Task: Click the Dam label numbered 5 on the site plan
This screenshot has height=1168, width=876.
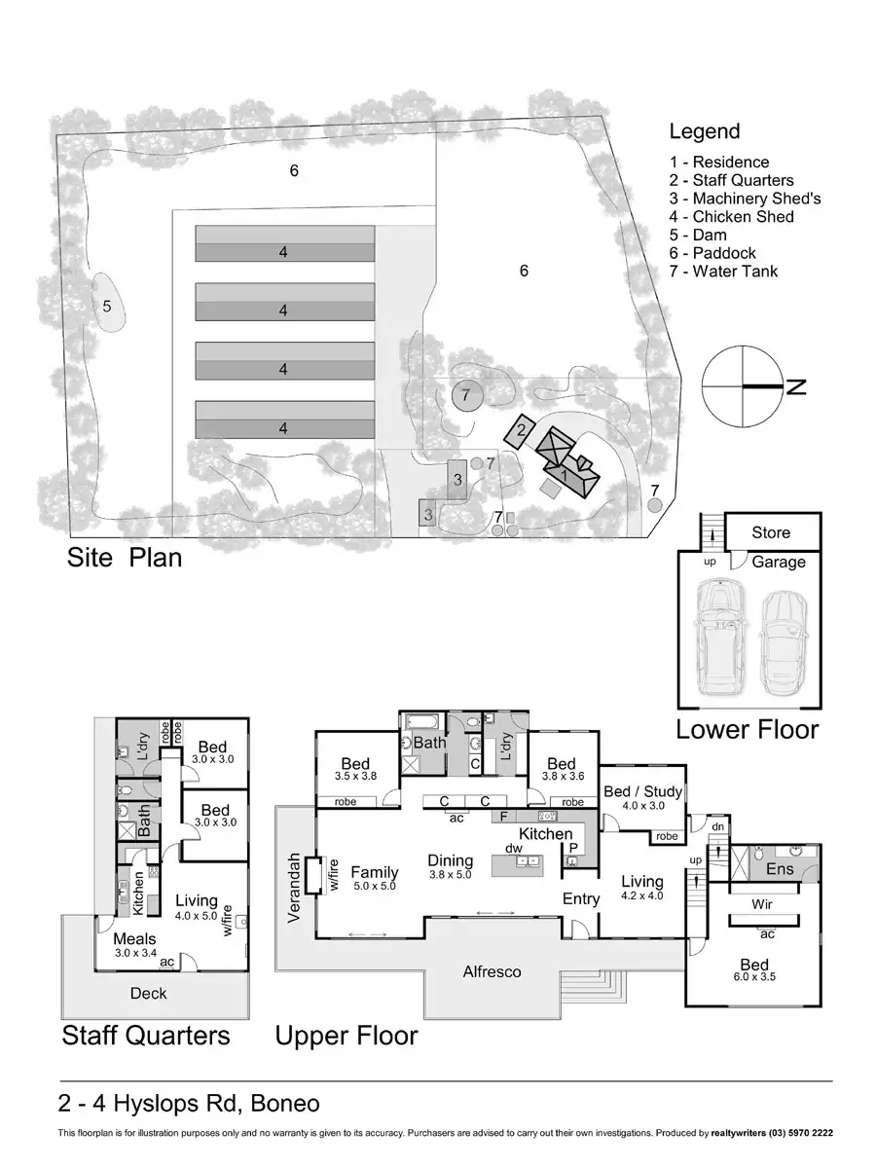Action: pyautogui.click(x=107, y=307)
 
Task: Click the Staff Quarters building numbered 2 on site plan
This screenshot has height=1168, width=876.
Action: pyautogui.click(x=520, y=430)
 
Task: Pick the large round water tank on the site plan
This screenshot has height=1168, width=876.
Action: pyautogui.click(x=467, y=395)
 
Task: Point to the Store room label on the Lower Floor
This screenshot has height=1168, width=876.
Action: pyautogui.click(x=770, y=532)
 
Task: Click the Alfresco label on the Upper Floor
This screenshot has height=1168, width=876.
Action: pyautogui.click(x=492, y=971)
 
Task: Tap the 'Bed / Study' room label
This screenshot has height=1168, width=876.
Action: pyautogui.click(x=642, y=791)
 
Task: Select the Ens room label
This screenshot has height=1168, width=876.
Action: pyautogui.click(x=780, y=869)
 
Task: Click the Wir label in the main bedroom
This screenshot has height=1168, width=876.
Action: pyautogui.click(x=762, y=903)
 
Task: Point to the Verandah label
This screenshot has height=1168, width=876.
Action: pyautogui.click(x=294, y=888)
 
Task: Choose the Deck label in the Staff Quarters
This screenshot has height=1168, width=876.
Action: pyautogui.click(x=148, y=993)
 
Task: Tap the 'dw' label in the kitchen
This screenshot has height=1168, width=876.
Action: pyautogui.click(x=514, y=848)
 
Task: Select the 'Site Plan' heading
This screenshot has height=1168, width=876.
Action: pyautogui.click(x=125, y=558)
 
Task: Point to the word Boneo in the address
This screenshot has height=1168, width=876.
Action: pyautogui.click(x=284, y=1103)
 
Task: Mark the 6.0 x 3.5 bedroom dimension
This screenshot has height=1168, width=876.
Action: pyautogui.click(x=754, y=976)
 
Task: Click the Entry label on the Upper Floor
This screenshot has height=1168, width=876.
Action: pyautogui.click(x=581, y=898)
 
